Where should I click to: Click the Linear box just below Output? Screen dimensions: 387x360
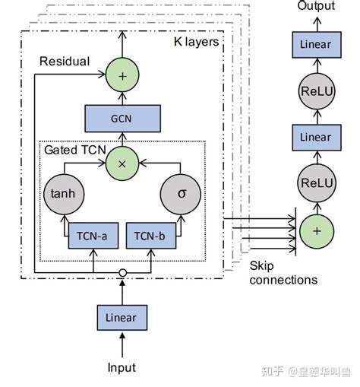[x=314, y=44]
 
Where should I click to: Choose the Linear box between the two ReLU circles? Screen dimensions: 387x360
[x=314, y=137]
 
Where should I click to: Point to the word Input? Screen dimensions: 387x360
[x=121, y=367]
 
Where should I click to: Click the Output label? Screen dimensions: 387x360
[x=315, y=6]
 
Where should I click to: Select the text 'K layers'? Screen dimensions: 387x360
[x=196, y=41]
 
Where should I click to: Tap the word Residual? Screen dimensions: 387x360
[x=64, y=61]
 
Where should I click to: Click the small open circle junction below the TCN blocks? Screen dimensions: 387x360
[x=122, y=271]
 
